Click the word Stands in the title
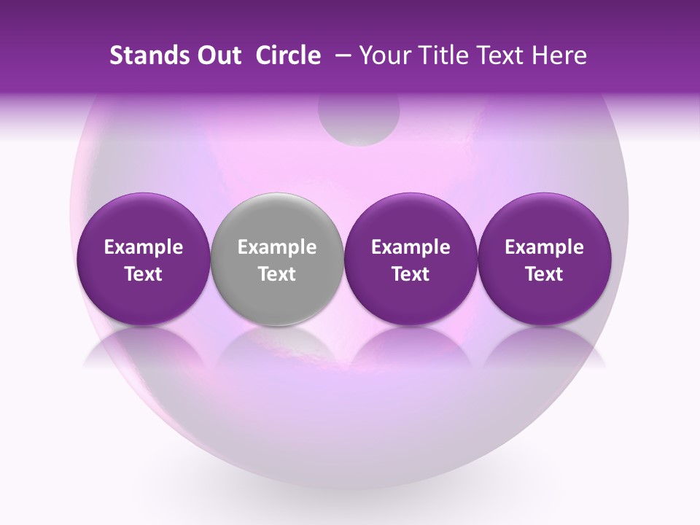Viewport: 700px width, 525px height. click(149, 55)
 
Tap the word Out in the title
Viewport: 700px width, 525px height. click(218, 55)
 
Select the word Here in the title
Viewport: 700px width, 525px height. click(558, 55)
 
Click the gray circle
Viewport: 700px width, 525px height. click(276, 219)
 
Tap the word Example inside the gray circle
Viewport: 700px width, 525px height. click(277, 247)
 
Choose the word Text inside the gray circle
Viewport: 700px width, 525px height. click(277, 274)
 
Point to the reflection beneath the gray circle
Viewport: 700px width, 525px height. click(276, 346)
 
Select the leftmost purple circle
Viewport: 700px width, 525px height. click(143, 219)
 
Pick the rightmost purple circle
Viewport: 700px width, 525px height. click(544, 219)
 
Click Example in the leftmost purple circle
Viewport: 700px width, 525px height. click(144, 247)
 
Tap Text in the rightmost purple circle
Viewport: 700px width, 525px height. click(545, 274)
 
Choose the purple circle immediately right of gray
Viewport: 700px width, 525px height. click(411, 219)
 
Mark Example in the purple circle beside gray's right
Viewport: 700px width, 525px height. click(411, 247)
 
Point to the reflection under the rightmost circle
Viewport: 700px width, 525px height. click(544, 346)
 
